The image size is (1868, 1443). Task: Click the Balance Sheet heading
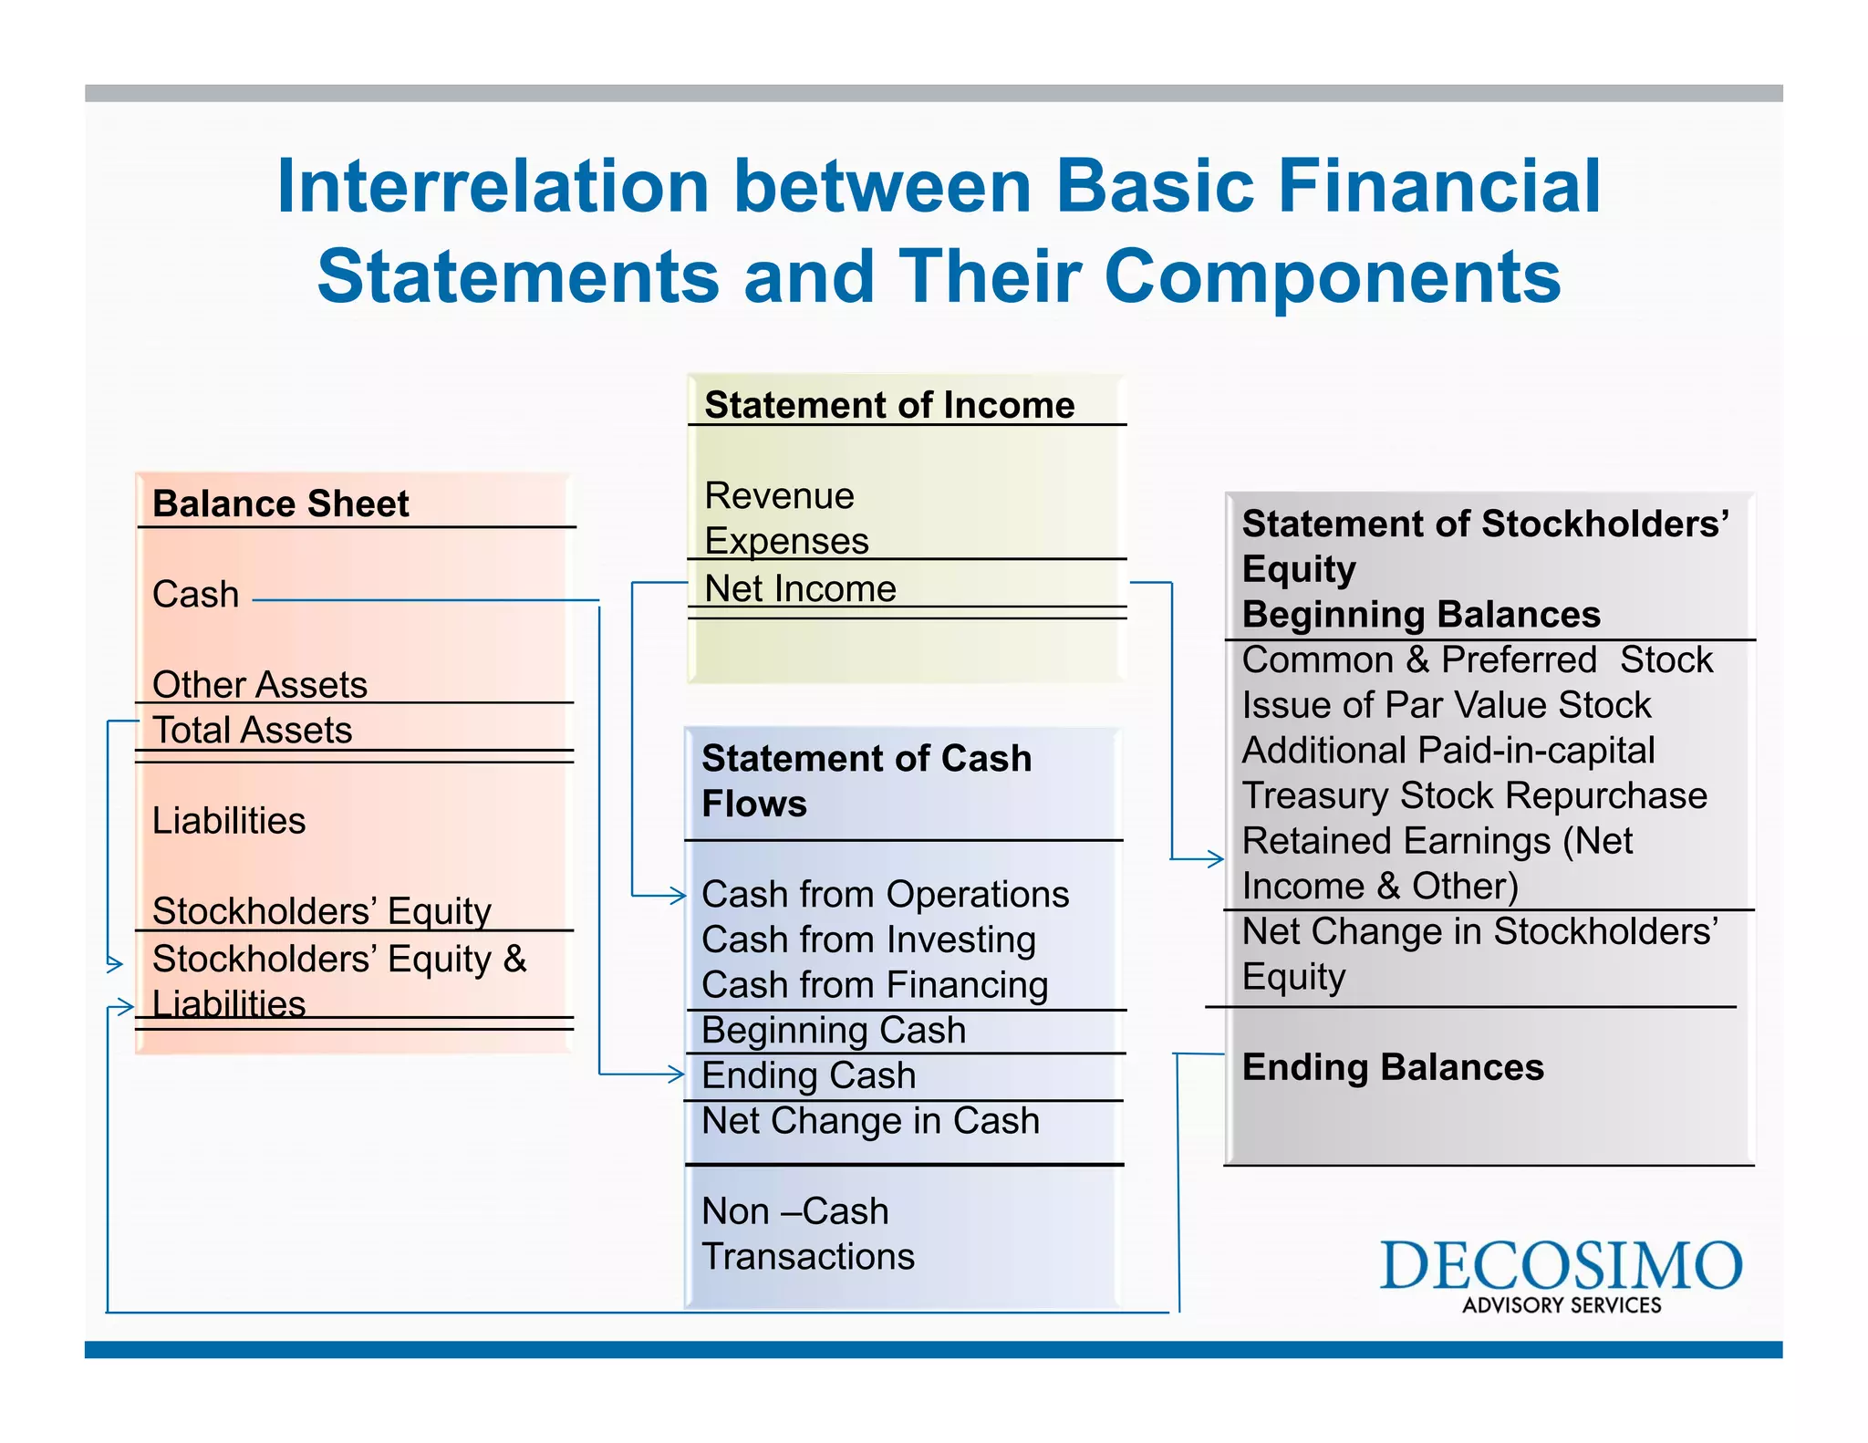pos(280,503)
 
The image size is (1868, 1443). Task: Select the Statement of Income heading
pos(889,405)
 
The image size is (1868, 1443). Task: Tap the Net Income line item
pos(800,588)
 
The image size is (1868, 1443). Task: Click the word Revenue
pos(779,495)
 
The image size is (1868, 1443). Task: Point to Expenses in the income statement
pos(786,541)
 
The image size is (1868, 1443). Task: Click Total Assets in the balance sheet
pos(252,730)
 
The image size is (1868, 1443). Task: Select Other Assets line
pos(259,684)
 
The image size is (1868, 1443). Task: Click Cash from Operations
pos(885,894)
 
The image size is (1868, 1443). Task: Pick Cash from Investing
pos(868,940)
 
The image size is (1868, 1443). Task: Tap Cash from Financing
pos(875,985)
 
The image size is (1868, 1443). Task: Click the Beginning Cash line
pos(833,1031)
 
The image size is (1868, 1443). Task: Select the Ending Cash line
pos(808,1075)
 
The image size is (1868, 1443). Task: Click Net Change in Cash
pos(870,1121)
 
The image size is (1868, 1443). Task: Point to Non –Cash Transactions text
pos(807,1233)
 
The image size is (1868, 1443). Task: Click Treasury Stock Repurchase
pos(1474,795)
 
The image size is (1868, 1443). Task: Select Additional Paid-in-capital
pos(1448,750)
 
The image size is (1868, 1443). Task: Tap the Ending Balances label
pos(1392,1067)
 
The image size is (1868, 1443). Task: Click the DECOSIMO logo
pos(1561,1274)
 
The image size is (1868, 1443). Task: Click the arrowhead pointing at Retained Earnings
pos(1215,858)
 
